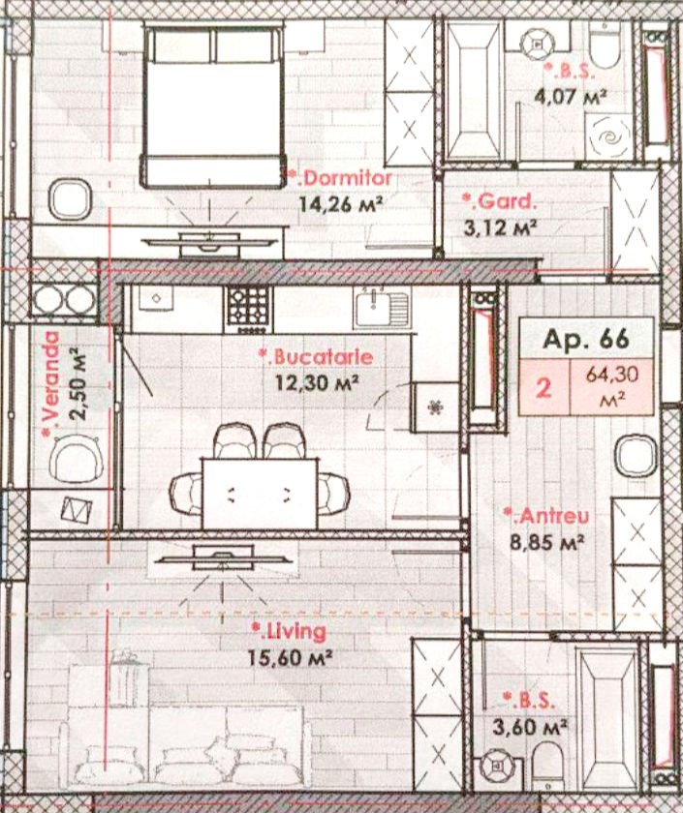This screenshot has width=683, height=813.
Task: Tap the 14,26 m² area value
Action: (341, 204)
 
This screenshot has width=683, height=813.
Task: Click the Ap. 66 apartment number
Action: (586, 339)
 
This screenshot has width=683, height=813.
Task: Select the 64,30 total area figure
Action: (612, 375)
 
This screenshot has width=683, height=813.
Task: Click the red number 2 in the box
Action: (543, 387)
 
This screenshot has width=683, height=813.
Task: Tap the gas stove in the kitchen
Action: (249, 310)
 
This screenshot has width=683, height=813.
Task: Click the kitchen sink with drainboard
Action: (382, 308)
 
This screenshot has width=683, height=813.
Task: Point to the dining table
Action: (260, 494)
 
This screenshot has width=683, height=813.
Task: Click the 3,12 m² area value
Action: (500, 227)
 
